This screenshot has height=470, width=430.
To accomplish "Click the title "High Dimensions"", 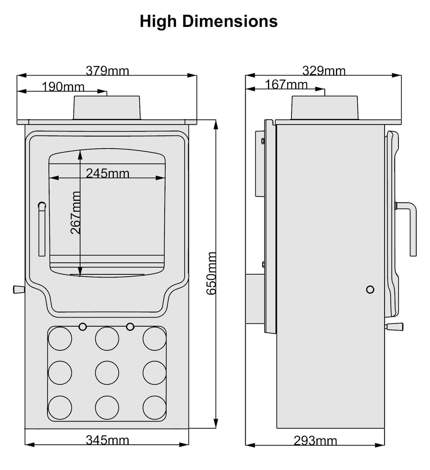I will tap(209, 21).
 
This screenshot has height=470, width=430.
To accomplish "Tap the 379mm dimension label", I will tap(107, 71).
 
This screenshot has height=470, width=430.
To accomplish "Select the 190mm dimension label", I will tap(63, 87).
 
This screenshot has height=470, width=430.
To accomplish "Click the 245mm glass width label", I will tap(107, 173).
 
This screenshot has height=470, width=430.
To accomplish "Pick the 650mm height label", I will tap(212, 273).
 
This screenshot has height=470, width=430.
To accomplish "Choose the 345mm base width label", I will tap(107, 440).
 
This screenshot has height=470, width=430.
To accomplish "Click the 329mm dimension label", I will tap(324, 71).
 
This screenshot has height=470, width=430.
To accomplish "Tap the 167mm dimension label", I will tap(286, 85).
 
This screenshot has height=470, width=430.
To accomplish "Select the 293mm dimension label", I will tap(315, 441).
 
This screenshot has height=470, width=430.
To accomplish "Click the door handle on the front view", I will tap(42, 229).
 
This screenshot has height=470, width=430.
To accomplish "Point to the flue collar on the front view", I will tap(107, 108).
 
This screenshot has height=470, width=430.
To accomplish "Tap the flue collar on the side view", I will tap(325, 108).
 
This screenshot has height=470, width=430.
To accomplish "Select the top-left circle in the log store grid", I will tap(60, 339).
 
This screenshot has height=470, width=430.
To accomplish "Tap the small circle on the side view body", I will tap(370, 289).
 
